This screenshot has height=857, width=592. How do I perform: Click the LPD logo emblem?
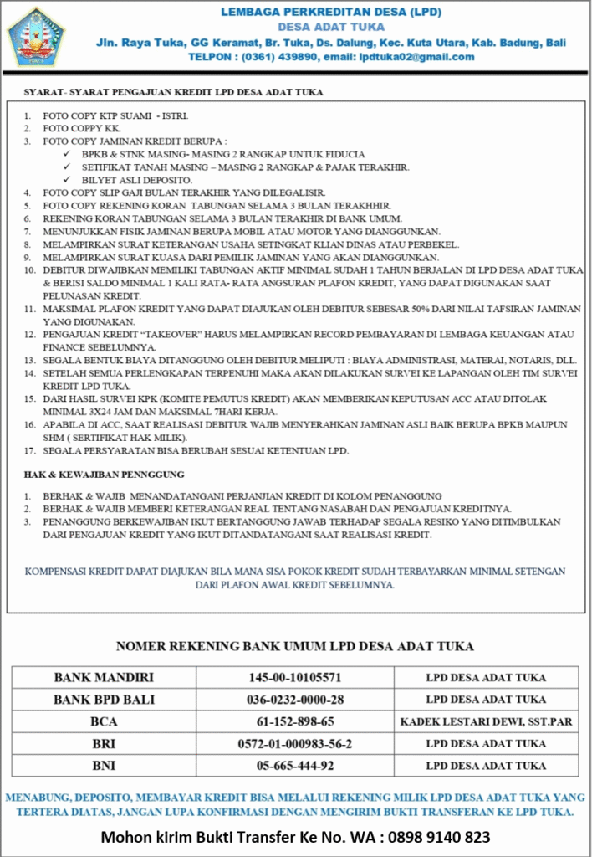[35, 36]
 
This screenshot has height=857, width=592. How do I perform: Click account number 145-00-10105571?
[295, 677]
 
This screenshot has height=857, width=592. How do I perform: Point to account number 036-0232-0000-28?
[295, 699]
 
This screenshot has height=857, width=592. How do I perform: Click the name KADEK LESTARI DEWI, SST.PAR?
[486, 721]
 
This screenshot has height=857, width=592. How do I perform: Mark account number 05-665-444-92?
[295, 765]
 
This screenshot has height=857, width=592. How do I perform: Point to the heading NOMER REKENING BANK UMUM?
[295, 646]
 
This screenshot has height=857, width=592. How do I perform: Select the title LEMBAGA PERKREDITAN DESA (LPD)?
[330, 12]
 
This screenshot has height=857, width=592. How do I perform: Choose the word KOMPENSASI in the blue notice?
[59, 572]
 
